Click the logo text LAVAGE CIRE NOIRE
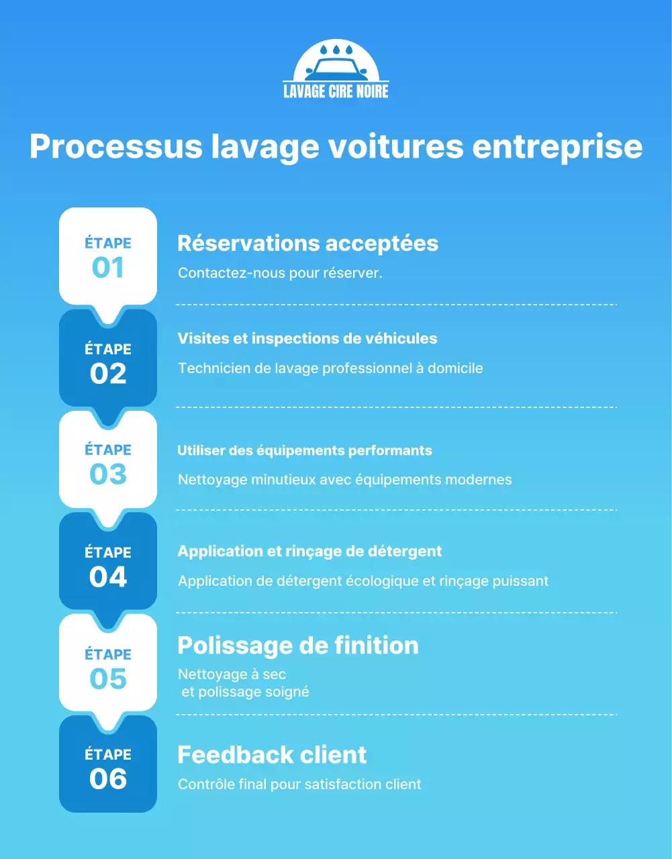(336, 91)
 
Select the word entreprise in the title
(557, 147)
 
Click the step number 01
(108, 268)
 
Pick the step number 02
(108, 374)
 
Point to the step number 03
(108, 474)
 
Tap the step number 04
(108, 577)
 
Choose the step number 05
(108, 679)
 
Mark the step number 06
(108, 779)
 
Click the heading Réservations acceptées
(307, 243)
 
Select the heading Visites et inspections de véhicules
(307, 338)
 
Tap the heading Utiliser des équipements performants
(304, 450)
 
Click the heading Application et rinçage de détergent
(309, 552)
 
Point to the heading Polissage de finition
(297, 646)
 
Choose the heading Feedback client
(272, 755)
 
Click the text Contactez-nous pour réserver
(280, 273)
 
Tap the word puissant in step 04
(520, 581)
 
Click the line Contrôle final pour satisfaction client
(299, 785)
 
